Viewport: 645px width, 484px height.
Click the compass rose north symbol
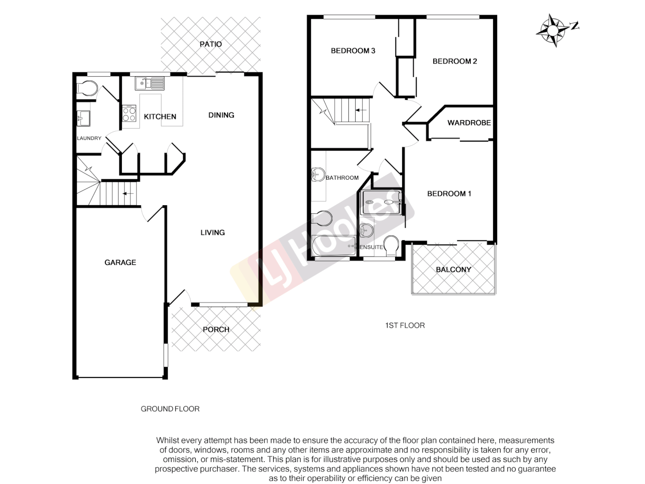coord(553,30)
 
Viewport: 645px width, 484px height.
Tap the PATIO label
coord(211,44)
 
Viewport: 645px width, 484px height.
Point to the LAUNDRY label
coord(89,138)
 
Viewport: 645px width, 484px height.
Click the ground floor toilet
coord(87,89)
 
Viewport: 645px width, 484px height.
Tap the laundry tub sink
coord(83,118)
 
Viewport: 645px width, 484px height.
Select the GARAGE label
coord(120,262)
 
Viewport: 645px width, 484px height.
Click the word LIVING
coord(212,232)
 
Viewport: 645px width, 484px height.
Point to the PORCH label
coord(216,329)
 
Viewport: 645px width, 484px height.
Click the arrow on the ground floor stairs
coord(128,194)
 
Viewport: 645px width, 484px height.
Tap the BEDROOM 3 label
coord(353,51)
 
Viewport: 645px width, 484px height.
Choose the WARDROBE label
coord(469,122)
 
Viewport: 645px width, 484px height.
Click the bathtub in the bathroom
coord(334,246)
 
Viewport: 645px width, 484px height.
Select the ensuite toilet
coord(391,246)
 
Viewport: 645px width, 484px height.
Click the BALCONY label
coord(453,269)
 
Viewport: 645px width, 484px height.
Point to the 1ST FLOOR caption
coord(405,325)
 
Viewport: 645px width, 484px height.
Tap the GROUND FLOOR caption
coord(170,409)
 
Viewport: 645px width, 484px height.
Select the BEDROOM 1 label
coord(449,194)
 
